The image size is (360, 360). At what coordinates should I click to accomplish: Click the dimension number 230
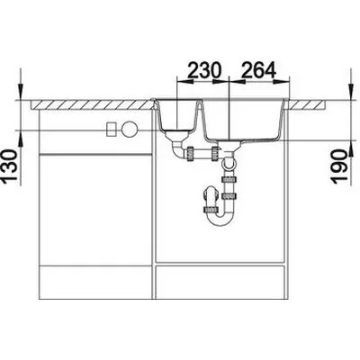204,70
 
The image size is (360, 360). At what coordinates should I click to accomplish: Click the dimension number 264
258,70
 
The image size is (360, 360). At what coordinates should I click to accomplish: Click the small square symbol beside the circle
112,130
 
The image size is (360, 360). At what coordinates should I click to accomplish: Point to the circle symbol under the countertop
130,130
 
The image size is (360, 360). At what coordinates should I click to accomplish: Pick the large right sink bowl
244,120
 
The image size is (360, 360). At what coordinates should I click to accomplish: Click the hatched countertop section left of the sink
93,104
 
